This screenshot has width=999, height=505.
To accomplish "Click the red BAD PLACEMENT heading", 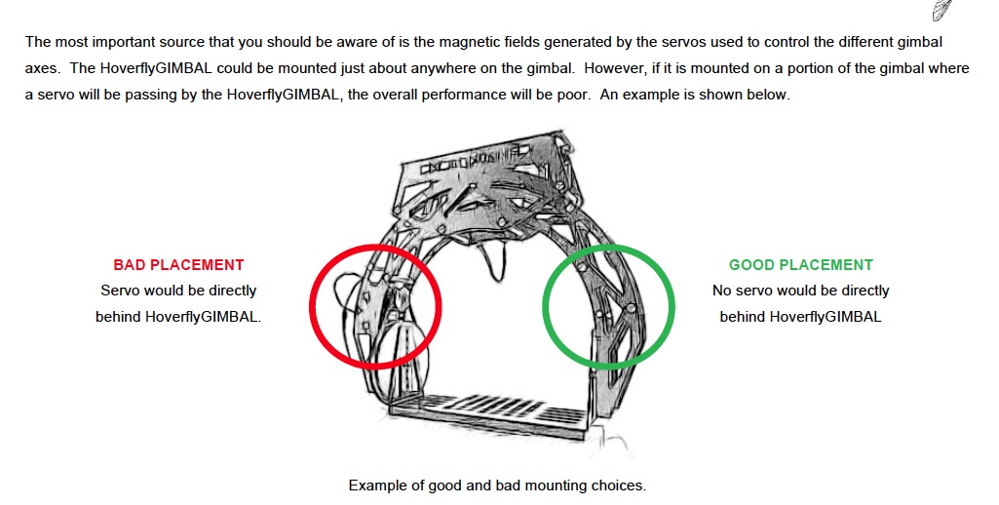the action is pos(178,264).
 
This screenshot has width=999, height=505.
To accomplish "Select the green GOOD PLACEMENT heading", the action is pos(801,264).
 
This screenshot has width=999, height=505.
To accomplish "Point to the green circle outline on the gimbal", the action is pos(544,306).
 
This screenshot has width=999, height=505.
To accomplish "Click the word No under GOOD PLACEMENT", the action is pos(722,291).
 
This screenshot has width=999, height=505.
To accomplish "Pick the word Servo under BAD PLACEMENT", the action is pos(120,291).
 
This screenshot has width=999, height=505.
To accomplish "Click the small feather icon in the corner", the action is pos(941,10).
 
